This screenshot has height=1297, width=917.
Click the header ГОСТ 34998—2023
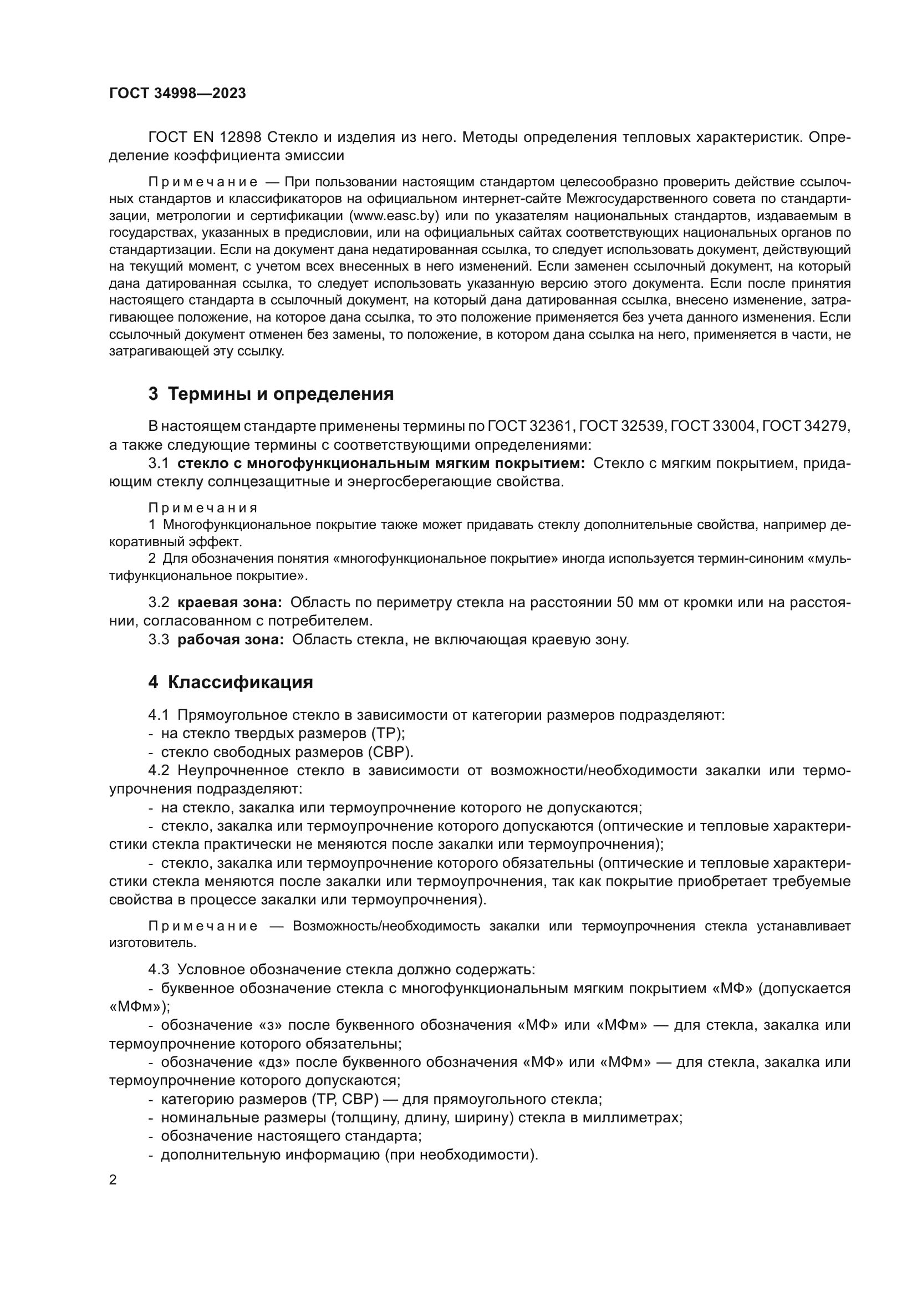point(177,94)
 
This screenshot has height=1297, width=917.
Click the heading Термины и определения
point(281,394)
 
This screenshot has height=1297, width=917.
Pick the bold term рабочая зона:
point(231,640)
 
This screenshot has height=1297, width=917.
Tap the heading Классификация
point(240,683)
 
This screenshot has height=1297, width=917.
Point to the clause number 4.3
point(159,970)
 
